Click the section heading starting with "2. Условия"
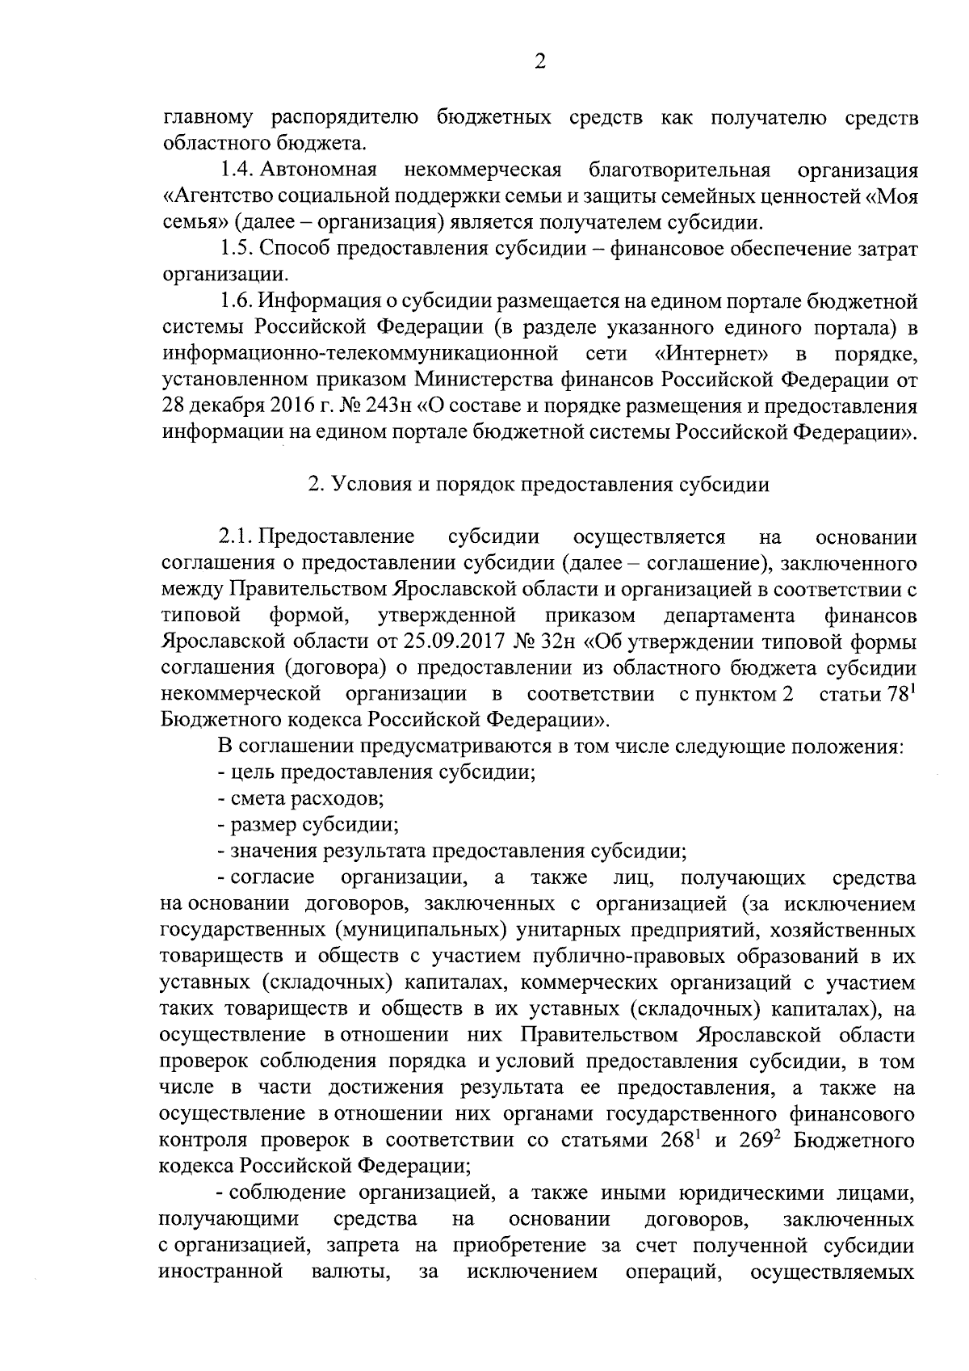click(539, 485)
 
